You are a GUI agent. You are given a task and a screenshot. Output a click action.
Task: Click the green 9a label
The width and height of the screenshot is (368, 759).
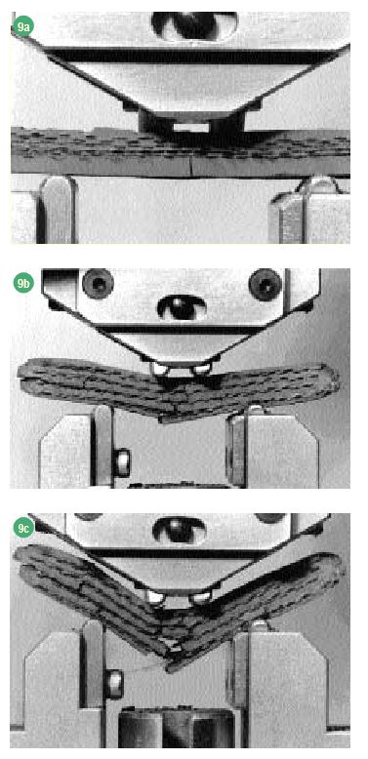pos(22,25)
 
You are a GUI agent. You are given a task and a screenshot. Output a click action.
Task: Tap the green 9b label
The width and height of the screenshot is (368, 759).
pos(22,282)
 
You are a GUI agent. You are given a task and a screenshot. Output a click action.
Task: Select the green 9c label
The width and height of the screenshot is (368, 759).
pos(22,528)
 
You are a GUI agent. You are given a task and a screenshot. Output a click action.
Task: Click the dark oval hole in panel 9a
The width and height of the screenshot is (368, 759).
pos(194,24)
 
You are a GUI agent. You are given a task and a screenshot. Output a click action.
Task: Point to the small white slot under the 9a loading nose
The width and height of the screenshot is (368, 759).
pos(190,127)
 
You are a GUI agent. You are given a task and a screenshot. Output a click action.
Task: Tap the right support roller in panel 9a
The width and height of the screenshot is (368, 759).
pos(317,186)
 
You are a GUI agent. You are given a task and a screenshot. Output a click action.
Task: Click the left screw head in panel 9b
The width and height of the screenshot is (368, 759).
pos(98,284)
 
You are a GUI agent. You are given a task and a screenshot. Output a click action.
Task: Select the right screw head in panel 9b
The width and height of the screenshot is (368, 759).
pos(265,284)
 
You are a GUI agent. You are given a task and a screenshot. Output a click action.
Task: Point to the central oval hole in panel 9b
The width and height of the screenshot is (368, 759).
pos(182,307)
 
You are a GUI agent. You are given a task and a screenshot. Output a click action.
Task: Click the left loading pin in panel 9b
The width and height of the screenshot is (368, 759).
pos(160,370)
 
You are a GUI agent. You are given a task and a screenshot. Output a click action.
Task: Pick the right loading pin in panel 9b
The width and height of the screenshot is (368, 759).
pos(200,371)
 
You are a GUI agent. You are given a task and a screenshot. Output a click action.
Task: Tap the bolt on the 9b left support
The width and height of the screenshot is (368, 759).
pos(122,462)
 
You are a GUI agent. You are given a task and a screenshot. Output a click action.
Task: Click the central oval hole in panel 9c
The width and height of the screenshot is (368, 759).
pos(180,530)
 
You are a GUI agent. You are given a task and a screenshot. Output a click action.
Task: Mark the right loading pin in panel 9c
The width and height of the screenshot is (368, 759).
pos(199,598)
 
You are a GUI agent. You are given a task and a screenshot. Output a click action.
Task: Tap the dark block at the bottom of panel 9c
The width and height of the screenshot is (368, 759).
pos(176,730)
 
